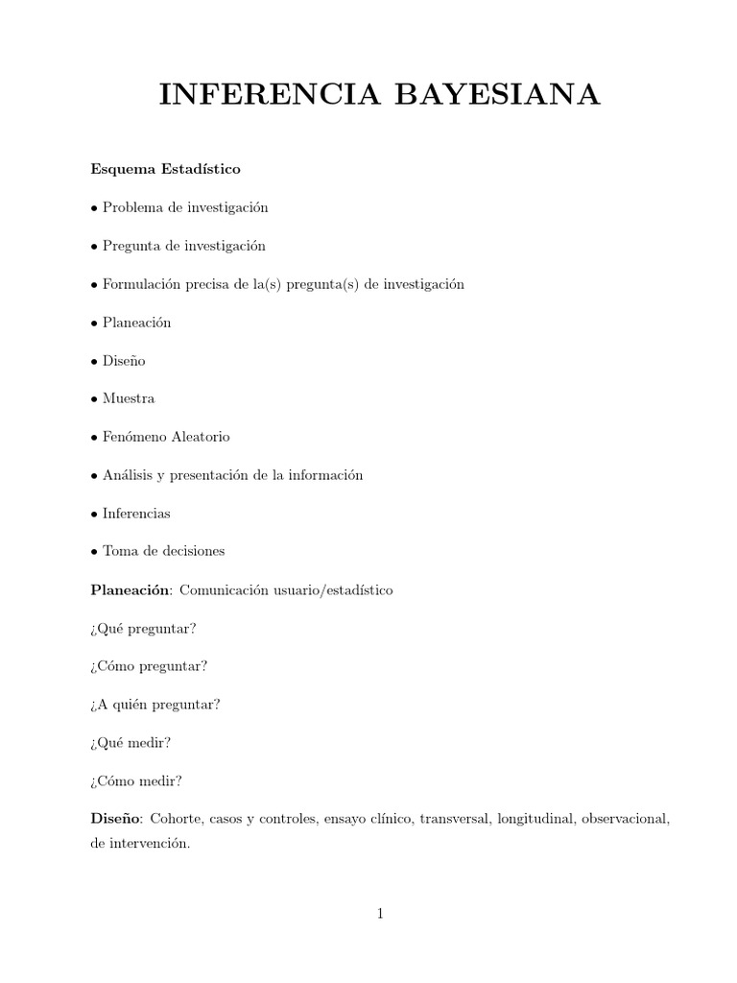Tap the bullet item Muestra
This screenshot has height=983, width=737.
click(129, 398)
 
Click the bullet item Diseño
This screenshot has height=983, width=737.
click(125, 360)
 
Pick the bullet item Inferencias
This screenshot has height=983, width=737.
click(136, 514)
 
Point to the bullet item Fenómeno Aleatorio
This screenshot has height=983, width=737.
click(166, 437)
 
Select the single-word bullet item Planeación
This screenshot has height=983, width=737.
click(136, 323)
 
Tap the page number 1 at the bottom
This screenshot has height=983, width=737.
click(380, 914)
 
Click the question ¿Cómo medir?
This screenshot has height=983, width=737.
click(136, 780)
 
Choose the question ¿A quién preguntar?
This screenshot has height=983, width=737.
click(155, 705)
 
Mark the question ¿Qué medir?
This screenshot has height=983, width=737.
click(131, 743)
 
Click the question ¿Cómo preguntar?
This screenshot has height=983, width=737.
click(149, 666)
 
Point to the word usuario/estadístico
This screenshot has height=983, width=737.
click(335, 590)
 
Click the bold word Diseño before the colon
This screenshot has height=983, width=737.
click(115, 819)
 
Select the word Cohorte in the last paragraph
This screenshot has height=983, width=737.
click(175, 819)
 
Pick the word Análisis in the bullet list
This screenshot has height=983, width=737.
click(129, 476)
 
